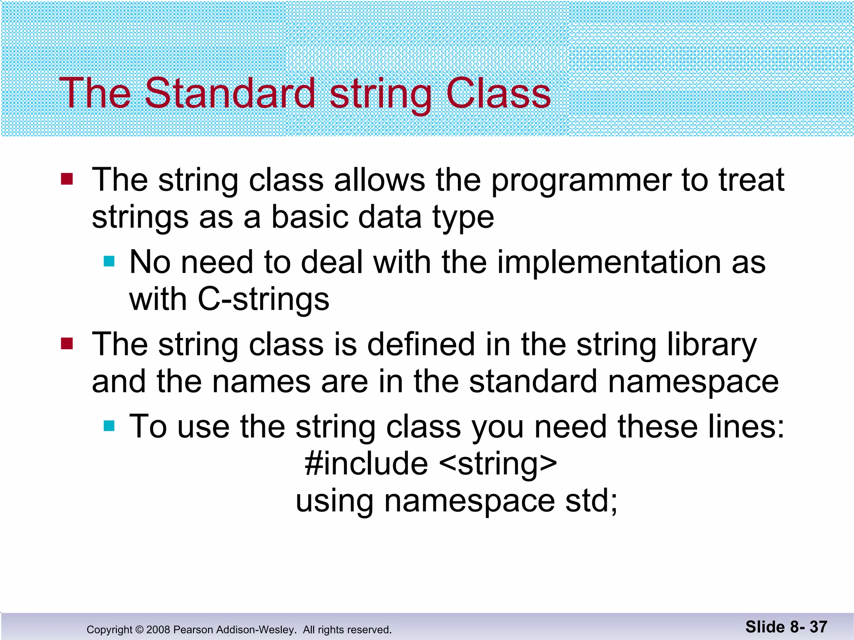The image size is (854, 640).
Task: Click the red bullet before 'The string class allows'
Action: coord(67,179)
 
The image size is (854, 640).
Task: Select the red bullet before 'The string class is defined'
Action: coord(67,344)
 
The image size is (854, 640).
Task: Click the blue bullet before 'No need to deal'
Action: coord(109,261)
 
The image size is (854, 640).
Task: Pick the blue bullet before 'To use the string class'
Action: coord(109,426)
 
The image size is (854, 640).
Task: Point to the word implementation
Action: coord(609,262)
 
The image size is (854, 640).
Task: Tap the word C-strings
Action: coord(264,300)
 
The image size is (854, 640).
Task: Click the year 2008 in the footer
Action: coord(158,630)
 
